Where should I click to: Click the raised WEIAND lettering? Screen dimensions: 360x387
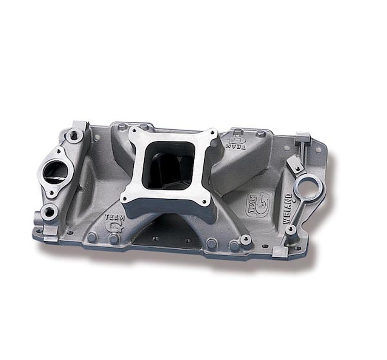[x=288, y=209]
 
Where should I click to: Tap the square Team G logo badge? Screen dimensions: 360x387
[x=258, y=205]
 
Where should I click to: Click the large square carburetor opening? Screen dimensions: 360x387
[x=169, y=165]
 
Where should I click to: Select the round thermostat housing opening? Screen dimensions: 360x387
[x=55, y=172]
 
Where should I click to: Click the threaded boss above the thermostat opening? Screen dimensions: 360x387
[x=74, y=135]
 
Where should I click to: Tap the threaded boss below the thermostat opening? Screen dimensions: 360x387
[x=50, y=212]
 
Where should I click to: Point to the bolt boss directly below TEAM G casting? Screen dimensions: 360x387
[x=114, y=239]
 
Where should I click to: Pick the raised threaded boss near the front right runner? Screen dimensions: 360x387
[x=246, y=239]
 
